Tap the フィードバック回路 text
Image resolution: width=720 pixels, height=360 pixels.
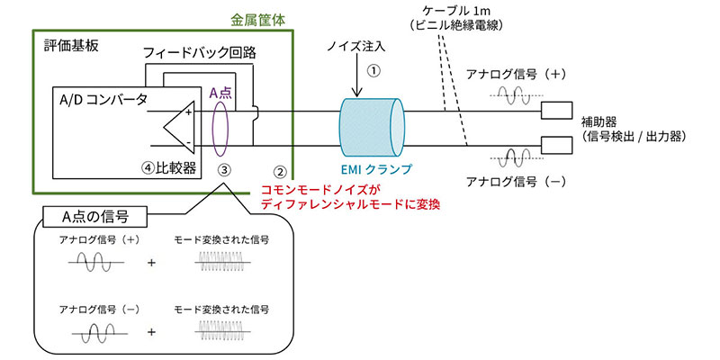(x=200, y=52)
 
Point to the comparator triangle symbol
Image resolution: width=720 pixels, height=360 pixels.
(x=181, y=126)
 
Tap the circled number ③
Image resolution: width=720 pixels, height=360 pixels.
(x=226, y=168)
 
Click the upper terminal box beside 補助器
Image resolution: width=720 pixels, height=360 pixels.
(x=554, y=112)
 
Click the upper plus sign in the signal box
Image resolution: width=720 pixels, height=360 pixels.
(x=151, y=262)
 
